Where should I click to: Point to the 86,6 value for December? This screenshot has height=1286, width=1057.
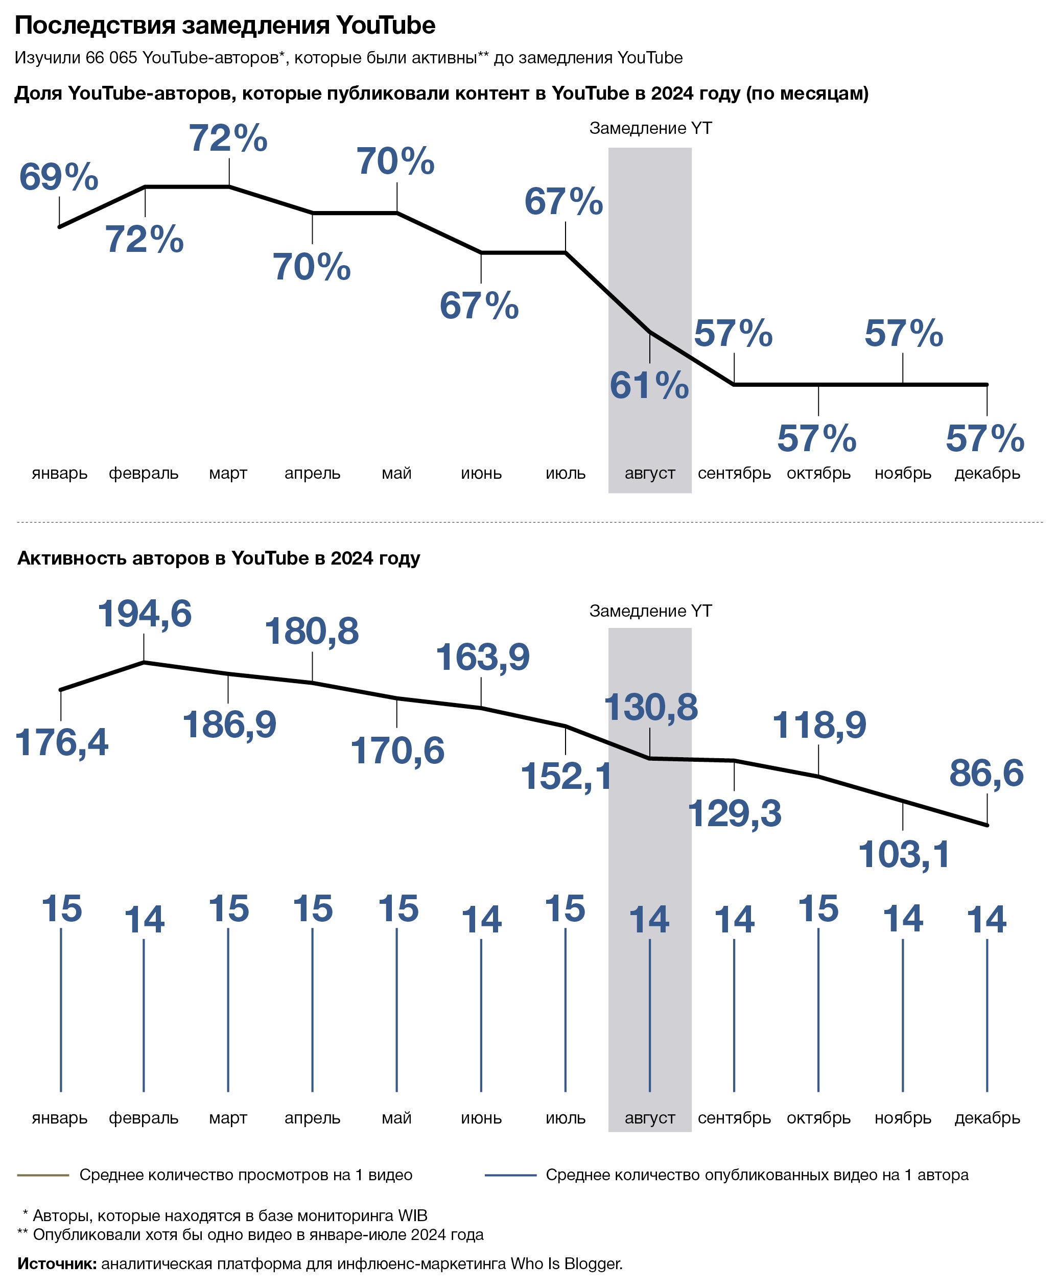point(986,774)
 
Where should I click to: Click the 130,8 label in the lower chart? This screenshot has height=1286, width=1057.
point(650,708)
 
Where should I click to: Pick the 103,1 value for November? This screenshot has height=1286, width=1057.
point(904,854)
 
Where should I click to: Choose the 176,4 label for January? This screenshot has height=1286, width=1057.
point(61,743)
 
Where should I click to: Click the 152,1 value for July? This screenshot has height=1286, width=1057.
point(566,777)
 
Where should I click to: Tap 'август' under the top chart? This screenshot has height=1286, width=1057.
point(650,473)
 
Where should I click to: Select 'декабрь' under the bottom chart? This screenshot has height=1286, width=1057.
point(987,1118)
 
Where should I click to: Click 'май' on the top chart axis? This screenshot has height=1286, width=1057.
point(396,473)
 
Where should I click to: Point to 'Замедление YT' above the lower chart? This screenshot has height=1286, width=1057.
point(650,611)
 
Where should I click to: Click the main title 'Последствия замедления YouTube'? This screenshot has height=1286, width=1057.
point(225,26)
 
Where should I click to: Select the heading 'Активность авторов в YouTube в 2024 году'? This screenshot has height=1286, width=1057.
point(219,558)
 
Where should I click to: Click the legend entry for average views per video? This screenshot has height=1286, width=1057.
point(245,1175)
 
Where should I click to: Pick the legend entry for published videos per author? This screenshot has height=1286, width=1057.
point(756,1175)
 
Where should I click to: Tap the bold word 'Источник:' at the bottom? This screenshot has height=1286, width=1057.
point(57,1264)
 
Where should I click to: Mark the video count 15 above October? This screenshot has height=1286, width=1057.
point(818,909)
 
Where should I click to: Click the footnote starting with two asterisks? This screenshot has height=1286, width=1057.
point(250,1234)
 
